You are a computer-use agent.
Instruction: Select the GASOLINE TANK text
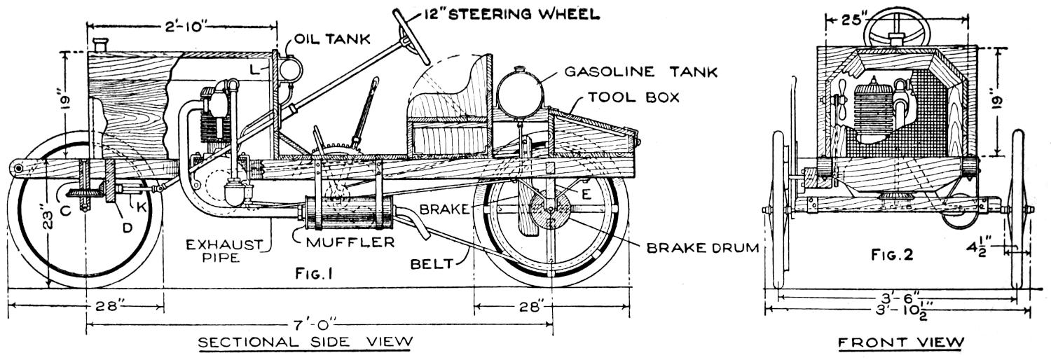tap(641, 71)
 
